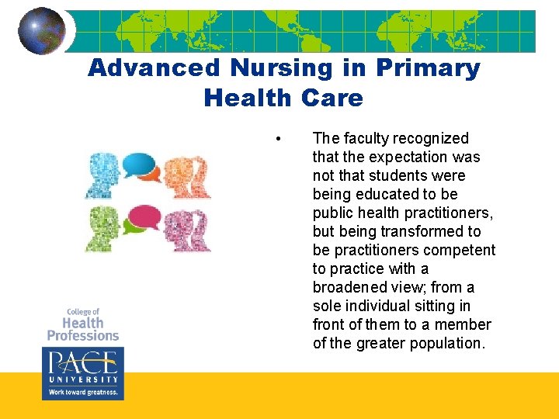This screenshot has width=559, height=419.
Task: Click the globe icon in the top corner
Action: (42, 31)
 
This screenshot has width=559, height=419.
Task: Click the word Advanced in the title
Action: (154, 68)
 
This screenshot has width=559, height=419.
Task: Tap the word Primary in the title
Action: (428, 68)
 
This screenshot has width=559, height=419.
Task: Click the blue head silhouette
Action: (105, 175)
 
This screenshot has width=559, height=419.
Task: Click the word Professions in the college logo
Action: (83, 335)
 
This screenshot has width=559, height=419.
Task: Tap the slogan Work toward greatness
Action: (82, 393)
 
